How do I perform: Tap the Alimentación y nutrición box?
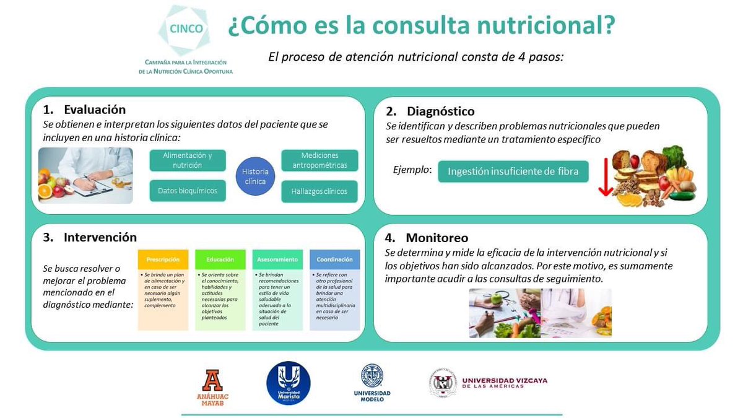(188, 160)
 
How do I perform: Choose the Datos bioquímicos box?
(188, 191)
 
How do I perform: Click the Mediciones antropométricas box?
(319, 160)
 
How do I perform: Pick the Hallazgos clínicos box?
(319, 191)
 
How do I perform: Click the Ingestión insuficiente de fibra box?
(513, 172)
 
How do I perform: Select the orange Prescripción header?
(163, 259)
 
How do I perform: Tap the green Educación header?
(220, 259)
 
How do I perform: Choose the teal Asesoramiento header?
(277, 259)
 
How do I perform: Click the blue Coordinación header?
(334, 259)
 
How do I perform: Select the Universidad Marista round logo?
(288, 383)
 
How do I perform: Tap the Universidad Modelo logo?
(372, 383)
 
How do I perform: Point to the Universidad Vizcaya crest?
(443, 383)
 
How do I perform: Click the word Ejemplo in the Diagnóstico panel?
(412, 170)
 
